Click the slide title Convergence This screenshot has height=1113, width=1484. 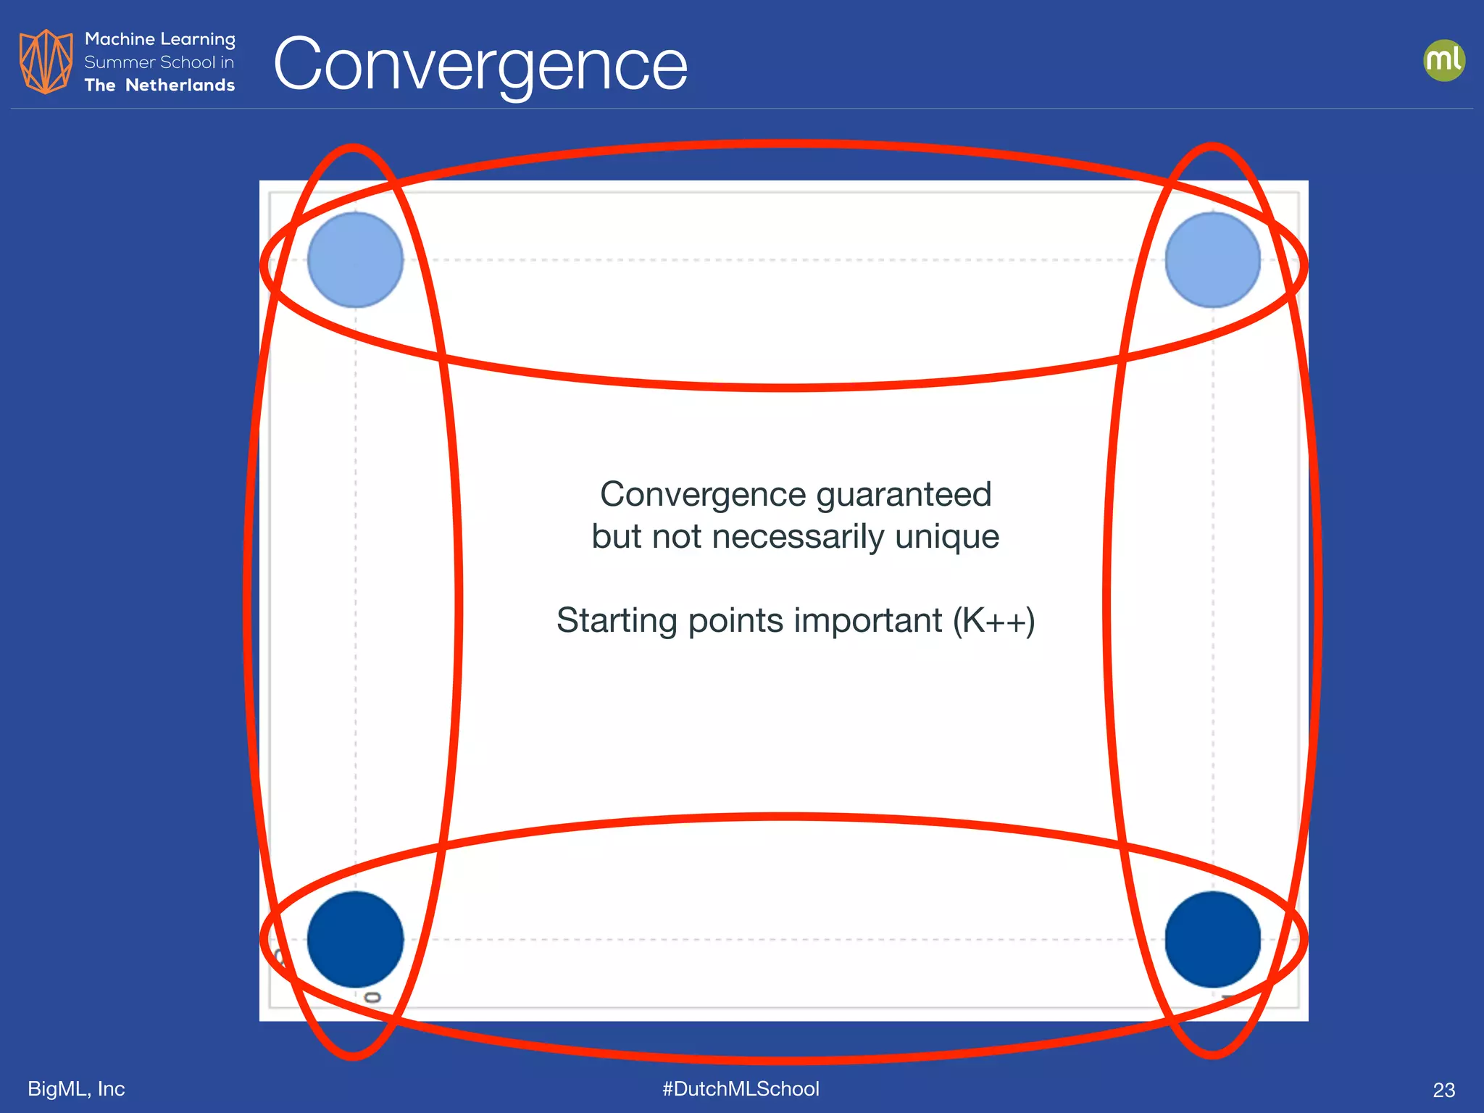(480, 65)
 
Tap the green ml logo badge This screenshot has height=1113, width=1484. (1443, 60)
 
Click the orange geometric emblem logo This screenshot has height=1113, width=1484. (46, 62)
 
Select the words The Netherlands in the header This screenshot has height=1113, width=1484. (159, 86)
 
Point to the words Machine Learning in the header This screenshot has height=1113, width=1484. (159, 39)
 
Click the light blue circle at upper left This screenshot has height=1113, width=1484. (355, 259)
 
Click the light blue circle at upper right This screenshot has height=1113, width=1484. (1212, 259)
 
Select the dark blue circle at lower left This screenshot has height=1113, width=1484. (355, 939)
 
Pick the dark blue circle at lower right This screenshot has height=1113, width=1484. (1212, 939)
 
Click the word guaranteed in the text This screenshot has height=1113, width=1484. (903, 496)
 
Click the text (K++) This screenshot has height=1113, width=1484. (993, 621)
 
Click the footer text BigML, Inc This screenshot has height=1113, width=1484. (76, 1088)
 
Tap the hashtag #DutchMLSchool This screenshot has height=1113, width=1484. (741, 1088)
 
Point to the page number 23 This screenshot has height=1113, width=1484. (1443, 1090)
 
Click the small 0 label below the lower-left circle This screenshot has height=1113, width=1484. (372, 998)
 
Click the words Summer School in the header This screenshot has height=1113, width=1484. (149, 62)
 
